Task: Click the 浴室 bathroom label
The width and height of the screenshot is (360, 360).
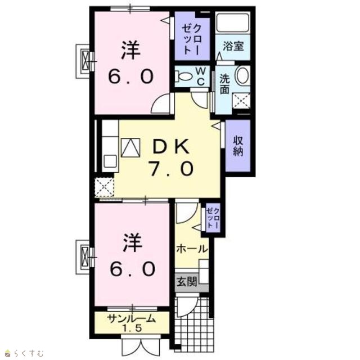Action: coord(233,46)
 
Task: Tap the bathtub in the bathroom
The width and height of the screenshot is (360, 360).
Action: coord(233,22)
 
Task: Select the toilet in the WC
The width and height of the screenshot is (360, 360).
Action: coord(184,76)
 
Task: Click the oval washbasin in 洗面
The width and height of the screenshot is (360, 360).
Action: coord(242,75)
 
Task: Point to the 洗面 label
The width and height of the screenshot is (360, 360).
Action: coord(224,84)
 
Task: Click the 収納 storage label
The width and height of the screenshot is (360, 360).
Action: coord(238,146)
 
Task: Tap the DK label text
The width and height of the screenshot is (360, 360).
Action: coord(171,146)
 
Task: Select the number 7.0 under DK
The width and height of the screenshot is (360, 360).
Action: coord(171,168)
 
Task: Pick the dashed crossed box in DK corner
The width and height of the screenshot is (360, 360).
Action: coord(105,187)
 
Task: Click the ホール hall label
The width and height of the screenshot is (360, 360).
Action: coord(192,249)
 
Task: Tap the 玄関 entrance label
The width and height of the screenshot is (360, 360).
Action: coord(187,282)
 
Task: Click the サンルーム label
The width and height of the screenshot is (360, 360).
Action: coord(131,319)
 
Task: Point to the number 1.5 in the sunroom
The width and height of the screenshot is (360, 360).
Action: coord(132,328)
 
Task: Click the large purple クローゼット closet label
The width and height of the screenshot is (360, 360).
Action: coord(192,39)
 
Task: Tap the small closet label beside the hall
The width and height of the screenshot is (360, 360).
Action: coord(213,217)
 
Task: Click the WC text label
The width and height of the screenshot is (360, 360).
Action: coord(201,76)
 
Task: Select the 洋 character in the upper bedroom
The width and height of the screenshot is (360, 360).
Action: coord(130,51)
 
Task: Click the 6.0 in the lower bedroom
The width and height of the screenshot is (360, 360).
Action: coord(132,269)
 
